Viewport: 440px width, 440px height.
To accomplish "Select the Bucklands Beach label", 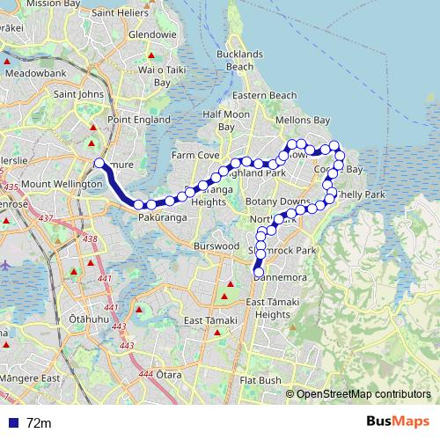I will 239,60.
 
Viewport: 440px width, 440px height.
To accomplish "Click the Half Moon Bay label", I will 226,121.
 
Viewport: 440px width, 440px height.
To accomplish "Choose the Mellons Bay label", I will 303,120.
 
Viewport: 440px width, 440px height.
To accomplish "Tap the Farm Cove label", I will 195,155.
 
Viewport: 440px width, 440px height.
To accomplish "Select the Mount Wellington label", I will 50,184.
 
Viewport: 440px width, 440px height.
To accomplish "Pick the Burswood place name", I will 217,246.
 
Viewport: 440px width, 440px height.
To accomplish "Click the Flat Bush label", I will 260,380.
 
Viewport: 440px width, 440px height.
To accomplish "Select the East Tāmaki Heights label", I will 268,308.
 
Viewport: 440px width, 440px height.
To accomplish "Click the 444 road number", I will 146,374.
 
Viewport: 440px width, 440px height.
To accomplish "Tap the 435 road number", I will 11,187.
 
